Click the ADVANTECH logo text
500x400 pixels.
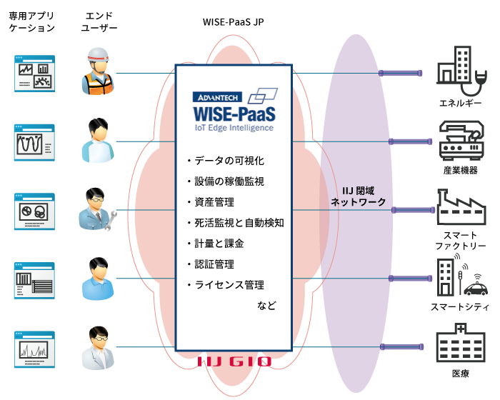pos(216,96)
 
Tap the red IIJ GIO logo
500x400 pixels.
pos(234,361)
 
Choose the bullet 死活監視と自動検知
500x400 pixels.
pos(234,223)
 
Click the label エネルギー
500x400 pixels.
pos(460,104)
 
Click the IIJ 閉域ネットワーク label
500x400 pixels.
pos(357,196)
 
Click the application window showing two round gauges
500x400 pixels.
pos(33,210)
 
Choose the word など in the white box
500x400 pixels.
pos(266,306)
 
